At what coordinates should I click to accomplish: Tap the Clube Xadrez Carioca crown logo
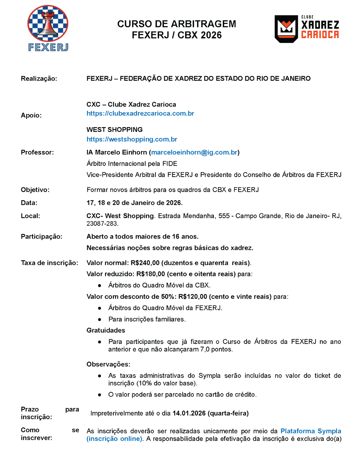(286, 29)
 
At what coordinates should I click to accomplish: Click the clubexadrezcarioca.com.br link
(140, 113)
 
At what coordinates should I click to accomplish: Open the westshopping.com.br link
(132, 139)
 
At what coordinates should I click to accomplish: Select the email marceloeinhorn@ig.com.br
(194, 152)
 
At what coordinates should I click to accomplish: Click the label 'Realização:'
(39, 79)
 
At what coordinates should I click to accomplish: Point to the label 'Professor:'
(37, 152)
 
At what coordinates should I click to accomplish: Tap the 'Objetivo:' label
(35, 190)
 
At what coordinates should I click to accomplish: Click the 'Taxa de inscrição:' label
(49, 263)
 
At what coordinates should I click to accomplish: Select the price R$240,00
(145, 263)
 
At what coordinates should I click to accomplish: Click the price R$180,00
(151, 274)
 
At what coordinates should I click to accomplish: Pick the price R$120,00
(193, 297)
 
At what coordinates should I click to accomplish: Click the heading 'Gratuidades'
(106, 330)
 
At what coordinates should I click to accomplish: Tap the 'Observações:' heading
(108, 364)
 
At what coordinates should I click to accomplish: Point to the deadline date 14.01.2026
(189, 413)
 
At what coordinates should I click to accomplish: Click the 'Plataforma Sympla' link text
(311, 431)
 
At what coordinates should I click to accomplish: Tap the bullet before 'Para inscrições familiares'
(99, 319)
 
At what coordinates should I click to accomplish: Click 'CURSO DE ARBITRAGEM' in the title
(176, 24)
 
